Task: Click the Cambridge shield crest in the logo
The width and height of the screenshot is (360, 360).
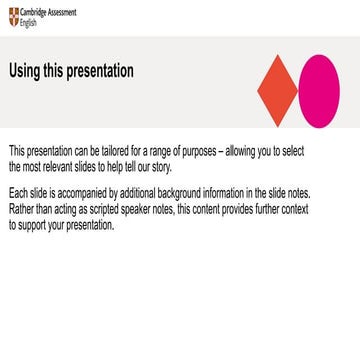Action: pyautogui.click(x=13, y=16)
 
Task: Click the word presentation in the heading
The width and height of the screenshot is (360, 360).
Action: pyautogui.click(x=100, y=71)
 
